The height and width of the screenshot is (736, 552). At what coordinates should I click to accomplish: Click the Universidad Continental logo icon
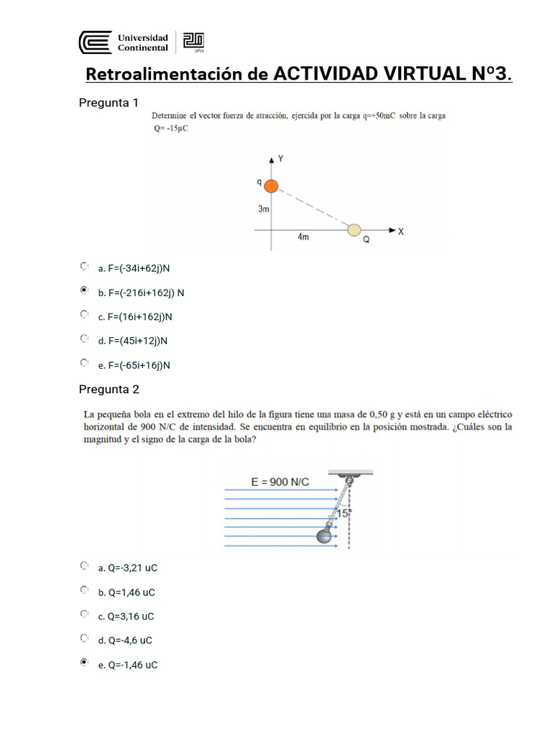pos(95,42)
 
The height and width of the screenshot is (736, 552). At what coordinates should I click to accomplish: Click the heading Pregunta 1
pos(108,103)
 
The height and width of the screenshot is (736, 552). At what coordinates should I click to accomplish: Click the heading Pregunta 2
pos(109,390)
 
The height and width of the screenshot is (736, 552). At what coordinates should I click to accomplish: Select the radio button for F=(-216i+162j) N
pos(85,291)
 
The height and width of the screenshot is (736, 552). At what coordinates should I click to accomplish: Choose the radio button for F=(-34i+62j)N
pos(85,267)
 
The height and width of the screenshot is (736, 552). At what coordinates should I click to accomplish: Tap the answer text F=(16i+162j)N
pos(140,316)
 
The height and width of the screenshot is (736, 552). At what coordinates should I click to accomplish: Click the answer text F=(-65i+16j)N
pos(139,365)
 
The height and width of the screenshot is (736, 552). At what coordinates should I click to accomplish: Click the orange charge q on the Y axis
pos(271,186)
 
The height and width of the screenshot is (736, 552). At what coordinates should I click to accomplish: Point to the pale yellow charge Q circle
pos(354,230)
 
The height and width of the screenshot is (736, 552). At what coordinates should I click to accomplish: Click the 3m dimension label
pos(264,209)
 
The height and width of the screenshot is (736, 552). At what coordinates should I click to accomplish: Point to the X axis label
pos(401,231)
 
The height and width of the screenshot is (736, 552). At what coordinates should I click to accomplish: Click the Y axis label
pos(280,159)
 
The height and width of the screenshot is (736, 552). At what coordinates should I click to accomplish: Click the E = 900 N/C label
pos(280,482)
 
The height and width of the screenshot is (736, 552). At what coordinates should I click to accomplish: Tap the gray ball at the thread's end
pos(324,536)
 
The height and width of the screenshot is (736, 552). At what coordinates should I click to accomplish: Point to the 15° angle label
pos(343,514)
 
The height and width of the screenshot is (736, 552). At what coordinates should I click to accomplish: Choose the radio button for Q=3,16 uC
pos(85,615)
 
